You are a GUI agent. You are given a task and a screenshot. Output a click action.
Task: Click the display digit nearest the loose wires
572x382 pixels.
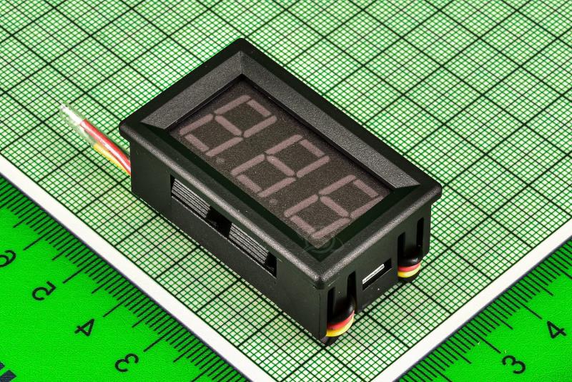(227, 124)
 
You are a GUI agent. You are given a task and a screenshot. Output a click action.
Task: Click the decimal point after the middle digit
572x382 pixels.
(274, 201)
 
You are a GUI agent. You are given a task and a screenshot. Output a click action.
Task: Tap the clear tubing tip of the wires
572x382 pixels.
(71, 114)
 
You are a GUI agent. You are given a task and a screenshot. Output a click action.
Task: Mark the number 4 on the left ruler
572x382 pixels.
(84, 327)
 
